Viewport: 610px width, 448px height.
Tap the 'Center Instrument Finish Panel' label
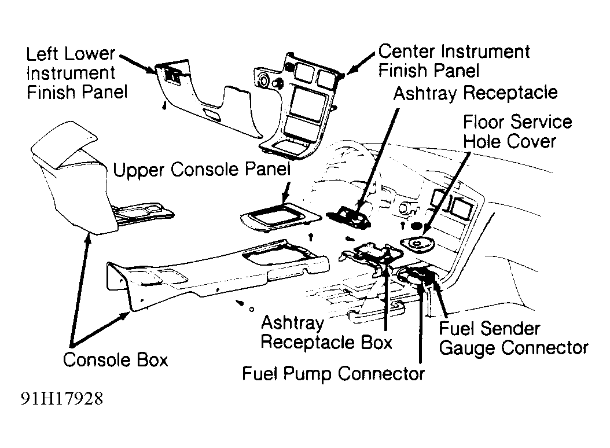pos(454,61)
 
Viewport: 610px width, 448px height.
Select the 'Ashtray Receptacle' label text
pos(475,93)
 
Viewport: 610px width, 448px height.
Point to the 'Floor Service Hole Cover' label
pos(517,131)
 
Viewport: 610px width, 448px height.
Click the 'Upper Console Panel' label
pos(201,170)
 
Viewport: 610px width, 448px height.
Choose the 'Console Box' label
pos(115,359)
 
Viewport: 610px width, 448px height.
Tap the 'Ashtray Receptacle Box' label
pos(326,332)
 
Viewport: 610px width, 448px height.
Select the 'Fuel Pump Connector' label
pos(333,373)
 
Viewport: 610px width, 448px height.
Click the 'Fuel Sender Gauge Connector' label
pos(513,338)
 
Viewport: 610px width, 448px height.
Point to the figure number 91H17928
pos(63,399)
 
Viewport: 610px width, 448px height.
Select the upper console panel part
pos(279,218)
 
